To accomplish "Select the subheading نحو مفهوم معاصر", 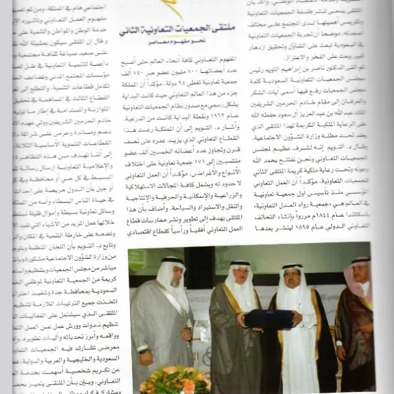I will [173, 44].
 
